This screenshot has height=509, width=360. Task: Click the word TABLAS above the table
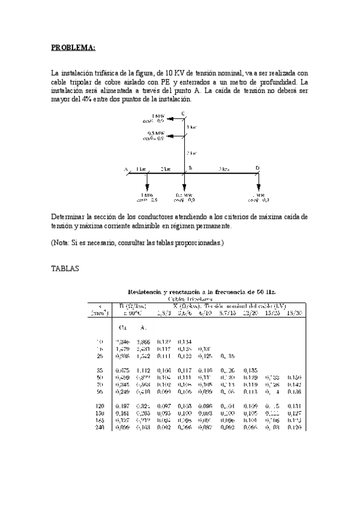[65, 270]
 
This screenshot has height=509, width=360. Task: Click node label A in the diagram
[127, 169]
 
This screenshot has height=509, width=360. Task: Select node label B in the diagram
[190, 169]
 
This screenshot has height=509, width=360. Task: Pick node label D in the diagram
[257, 169]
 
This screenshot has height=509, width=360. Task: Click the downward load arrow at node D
[258, 182]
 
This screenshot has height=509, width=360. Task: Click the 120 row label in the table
[100, 406]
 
